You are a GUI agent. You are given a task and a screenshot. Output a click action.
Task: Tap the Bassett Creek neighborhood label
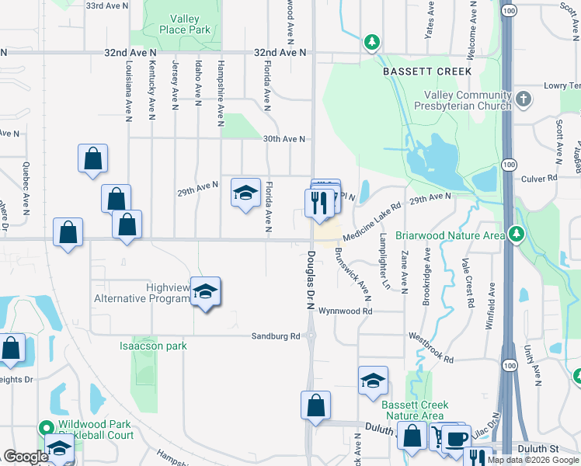click(427, 71)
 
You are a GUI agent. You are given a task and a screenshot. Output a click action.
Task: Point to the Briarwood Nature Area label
click(450, 235)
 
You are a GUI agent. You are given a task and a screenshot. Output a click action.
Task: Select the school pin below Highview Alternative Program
click(206, 293)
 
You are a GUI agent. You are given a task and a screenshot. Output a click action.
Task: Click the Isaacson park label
click(153, 345)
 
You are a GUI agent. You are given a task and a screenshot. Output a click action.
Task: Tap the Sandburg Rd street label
click(275, 336)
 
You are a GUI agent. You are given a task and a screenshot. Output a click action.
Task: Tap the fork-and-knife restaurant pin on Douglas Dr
click(319, 204)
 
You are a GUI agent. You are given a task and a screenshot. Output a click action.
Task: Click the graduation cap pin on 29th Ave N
click(245, 193)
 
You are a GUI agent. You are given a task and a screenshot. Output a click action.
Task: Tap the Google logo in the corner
click(26, 457)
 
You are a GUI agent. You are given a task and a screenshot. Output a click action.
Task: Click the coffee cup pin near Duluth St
click(457, 438)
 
